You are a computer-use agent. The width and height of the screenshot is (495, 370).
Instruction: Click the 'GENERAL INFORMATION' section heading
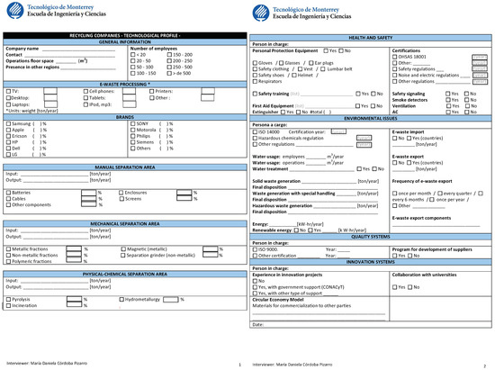pos(124,42)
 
